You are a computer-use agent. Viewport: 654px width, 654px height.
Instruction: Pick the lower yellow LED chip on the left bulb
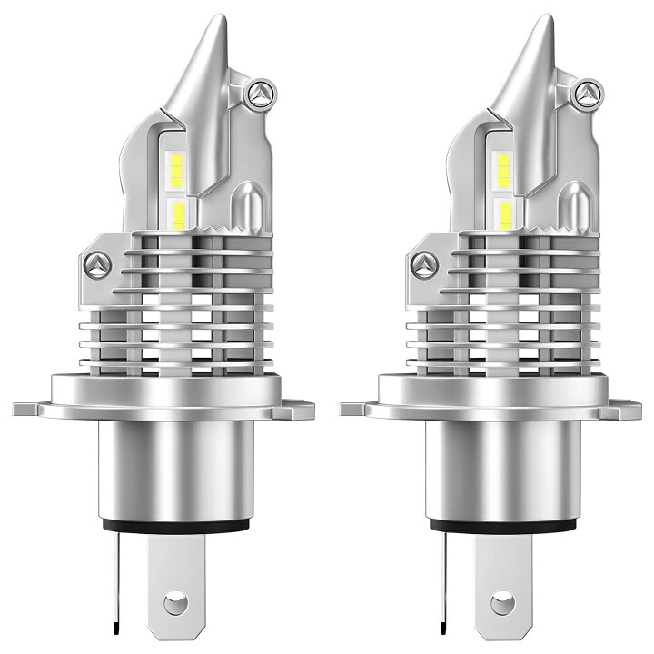point(177,214)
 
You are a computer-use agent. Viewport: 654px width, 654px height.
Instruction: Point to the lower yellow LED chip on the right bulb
point(503,214)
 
